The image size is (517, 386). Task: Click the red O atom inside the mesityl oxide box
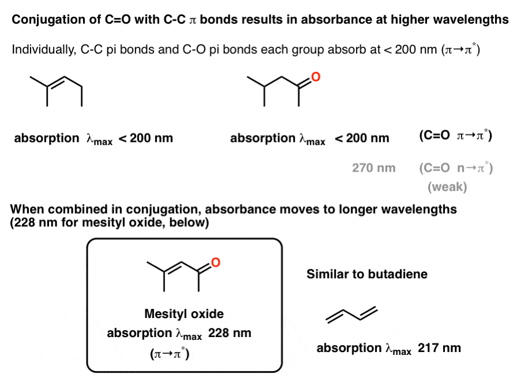point(215,263)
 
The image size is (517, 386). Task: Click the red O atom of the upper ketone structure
point(315,76)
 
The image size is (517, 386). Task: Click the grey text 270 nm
point(374,168)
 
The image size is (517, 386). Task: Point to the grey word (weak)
point(448,187)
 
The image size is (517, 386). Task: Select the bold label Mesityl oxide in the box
point(183,314)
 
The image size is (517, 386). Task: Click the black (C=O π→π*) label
point(455,137)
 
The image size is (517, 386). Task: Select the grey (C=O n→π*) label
point(455,168)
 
